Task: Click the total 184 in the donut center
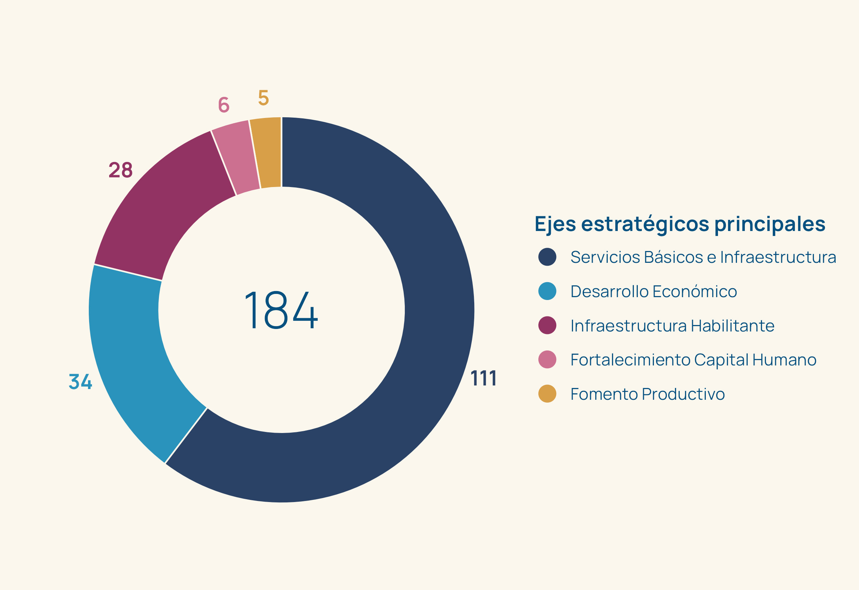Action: [281, 310]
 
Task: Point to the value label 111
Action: [483, 379]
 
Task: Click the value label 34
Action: [80, 382]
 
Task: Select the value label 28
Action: [121, 170]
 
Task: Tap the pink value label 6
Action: [224, 105]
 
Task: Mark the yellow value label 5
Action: [263, 98]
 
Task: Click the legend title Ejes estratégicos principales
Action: [680, 224]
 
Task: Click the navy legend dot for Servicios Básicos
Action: [547, 257]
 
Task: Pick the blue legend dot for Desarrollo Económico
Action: [547, 291]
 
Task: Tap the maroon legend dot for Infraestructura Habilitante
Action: [547, 325]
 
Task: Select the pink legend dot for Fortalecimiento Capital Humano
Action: [547, 360]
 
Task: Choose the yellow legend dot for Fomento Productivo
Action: [547, 394]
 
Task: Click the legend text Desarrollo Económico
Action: [654, 291]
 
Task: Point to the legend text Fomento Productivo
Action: [647, 394]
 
